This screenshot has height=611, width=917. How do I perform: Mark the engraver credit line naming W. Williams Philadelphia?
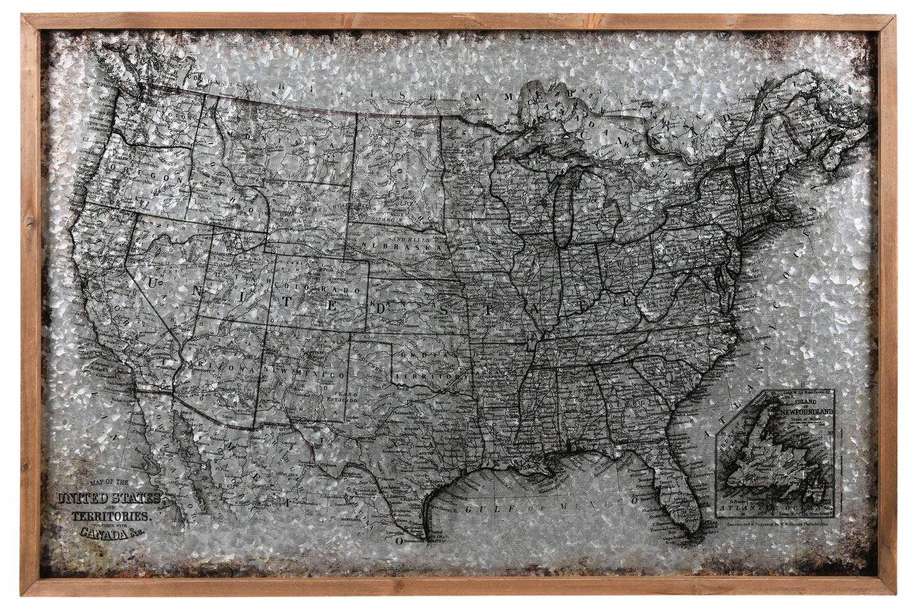pyautogui.click(x=781, y=525)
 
